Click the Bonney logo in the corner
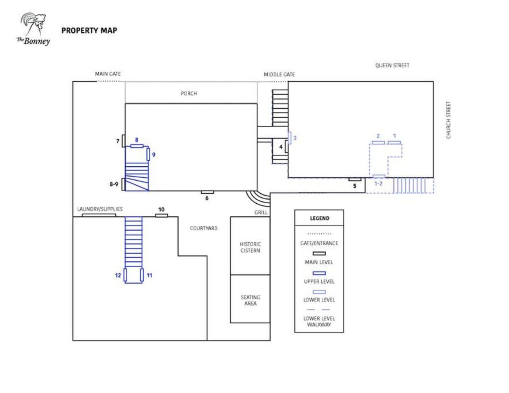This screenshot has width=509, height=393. tap(33, 29)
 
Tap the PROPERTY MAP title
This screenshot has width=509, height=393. tap(89, 31)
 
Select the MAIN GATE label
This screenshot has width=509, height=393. tap(108, 74)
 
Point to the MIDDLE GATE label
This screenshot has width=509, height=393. tap(279, 74)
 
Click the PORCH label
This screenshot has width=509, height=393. tap(189, 93)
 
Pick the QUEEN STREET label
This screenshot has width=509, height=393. tap(392, 65)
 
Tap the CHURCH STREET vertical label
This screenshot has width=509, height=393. tap(448, 120)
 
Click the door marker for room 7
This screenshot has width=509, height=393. tap(123, 141)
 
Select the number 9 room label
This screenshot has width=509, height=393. tap(153, 155)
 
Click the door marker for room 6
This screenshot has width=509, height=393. tap(207, 192)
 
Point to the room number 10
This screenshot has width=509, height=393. tap(161, 209)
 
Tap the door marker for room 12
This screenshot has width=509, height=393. tap(125, 275)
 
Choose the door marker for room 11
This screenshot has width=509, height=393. tap(142, 275)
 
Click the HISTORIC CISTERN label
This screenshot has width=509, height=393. tap(250, 247)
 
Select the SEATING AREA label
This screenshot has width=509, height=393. tap(251, 300)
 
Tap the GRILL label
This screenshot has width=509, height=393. tap(261, 212)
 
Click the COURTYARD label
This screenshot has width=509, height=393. tap(204, 228)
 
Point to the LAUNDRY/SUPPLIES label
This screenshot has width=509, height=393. tap(100, 209)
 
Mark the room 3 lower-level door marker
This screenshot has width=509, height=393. tap(289, 138)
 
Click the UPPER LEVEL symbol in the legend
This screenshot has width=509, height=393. tap(319, 273)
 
